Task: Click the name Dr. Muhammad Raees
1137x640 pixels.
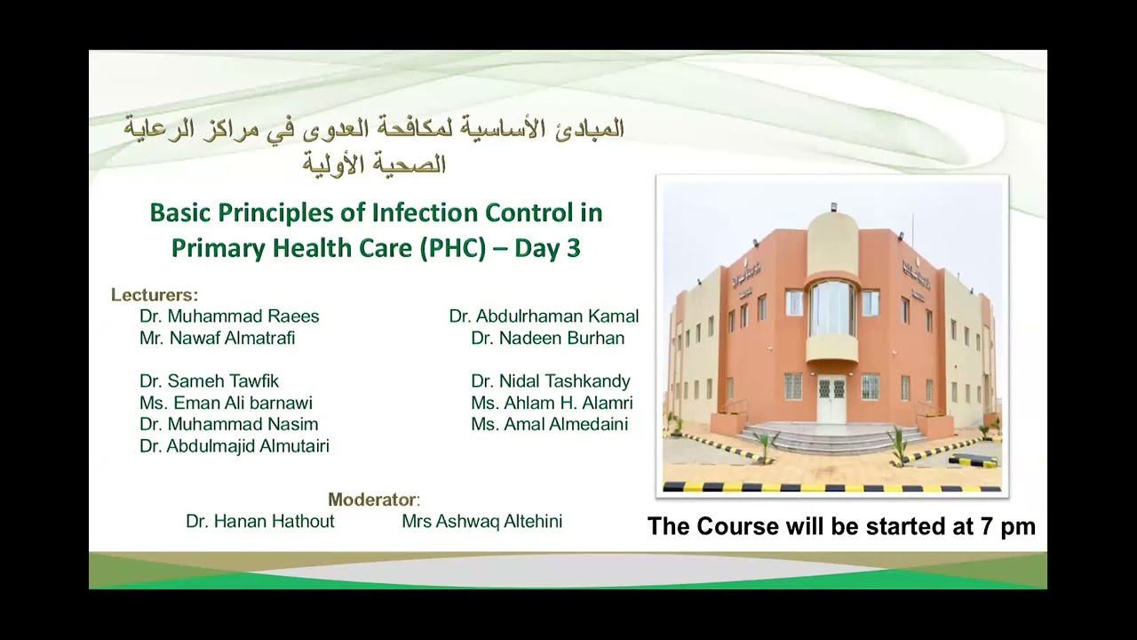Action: pyautogui.click(x=229, y=316)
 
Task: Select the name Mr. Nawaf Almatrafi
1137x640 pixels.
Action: pyautogui.click(x=217, y=338)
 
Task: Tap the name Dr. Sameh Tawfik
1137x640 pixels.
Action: pyautogui.click(x=209, y=381)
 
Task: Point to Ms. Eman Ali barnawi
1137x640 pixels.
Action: pyautogui.click(x=226, y=403)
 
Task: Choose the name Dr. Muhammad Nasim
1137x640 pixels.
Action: pyautogui.click(x=228, y=424)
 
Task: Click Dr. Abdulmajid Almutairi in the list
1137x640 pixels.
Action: pyautogui.click(x=234, y=446)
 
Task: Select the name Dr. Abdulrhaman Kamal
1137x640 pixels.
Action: pyautogui.click(x=544, y=316)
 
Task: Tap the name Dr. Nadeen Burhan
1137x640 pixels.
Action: pyautogui.click(x=547, y=338)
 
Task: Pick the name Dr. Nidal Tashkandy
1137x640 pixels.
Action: pyautogui.click(x=550, y=381)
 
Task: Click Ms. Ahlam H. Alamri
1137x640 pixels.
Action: pyautogui.click(x=552, y=403)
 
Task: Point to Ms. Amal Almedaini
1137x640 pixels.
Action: pyautogui.click(x=549, y=424)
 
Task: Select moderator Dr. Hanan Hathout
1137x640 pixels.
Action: pyautogui.click(x=259, y=522)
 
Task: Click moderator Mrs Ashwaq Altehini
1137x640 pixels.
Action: pyautogui.click(x=481, y=522)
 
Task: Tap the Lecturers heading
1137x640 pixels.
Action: pyautogui.click(x=154, y=295)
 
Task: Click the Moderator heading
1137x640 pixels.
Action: pyautogui.click(x=373, y=500)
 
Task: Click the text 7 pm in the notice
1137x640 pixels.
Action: pyautogui.click(x=1008, y=526)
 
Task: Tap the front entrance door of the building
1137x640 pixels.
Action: pyautogui.click(x=831, y=400)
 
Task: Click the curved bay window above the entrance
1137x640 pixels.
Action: pyautogui.click(x=832, y=308)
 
